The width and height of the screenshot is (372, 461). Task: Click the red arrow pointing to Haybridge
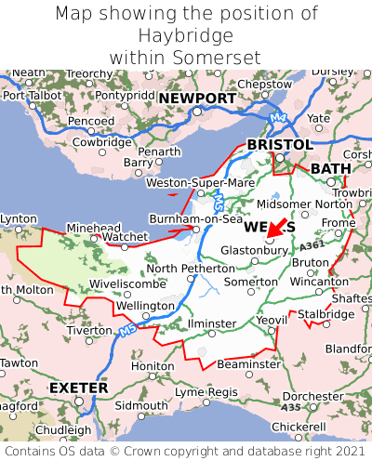278,232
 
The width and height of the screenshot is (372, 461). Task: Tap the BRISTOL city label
279,145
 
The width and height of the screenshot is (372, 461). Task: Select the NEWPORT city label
197,99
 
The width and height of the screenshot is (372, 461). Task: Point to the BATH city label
331,168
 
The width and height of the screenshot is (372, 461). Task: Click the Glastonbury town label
254,250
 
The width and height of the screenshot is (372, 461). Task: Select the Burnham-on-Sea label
196,218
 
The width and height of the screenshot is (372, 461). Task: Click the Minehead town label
93,228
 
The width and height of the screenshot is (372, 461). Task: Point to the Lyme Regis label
207,392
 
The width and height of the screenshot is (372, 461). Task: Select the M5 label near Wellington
127,328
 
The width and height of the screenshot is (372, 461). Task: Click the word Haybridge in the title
185,35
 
